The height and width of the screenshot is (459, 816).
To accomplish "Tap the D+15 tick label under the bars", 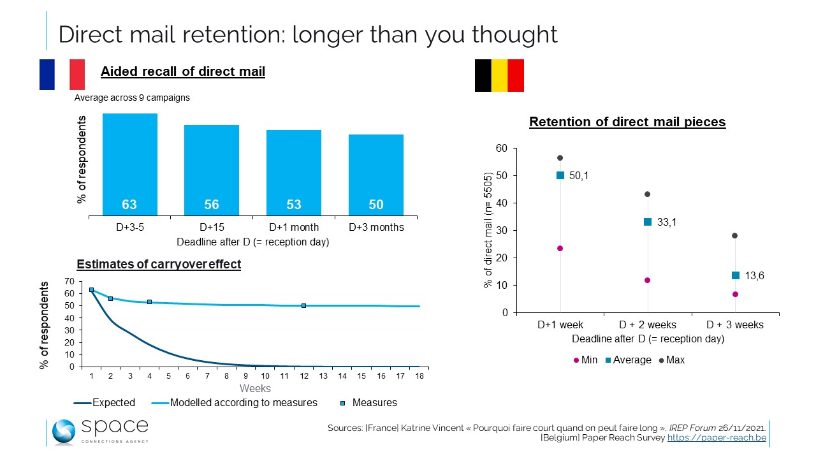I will [x=212, y=227].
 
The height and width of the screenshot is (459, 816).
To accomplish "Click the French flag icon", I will [x=62, y=75].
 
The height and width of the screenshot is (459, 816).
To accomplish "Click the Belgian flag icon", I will [x=499, y=75].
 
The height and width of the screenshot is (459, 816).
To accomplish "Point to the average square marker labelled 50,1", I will [x=560, y=175].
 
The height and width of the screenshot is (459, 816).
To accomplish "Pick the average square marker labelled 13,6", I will [x=735, y=275].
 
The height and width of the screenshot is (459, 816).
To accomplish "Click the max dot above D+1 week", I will [x=560, y=157].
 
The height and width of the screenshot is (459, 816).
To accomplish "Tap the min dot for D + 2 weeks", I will [x=647, y=280].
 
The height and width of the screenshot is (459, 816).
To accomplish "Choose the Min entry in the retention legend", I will [x=585, y=360].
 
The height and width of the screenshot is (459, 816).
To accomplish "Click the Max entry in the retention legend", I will [x=671, y=360].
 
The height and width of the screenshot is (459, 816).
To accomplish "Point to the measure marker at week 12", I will [x=303, y=305].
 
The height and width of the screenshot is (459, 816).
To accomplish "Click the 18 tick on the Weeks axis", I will [x=419, y=376].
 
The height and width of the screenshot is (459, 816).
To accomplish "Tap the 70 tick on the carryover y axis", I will [x=69, y=281].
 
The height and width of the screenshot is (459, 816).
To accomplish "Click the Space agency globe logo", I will [x=64, y=432].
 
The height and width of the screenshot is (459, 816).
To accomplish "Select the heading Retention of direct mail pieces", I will [x=627, y=122].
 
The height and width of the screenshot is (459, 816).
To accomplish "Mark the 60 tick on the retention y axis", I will [x=502, y=149].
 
